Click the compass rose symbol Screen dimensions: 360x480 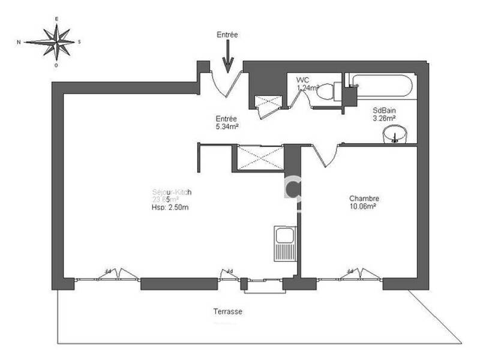pyautogui.click(x=56, y=42)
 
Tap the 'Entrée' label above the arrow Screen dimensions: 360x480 pyautogui.click(x=227, y=35)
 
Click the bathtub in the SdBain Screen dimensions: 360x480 pyautogui.click(x=382, y=86)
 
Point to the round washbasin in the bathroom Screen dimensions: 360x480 pyautogui.click(x=394, y=134)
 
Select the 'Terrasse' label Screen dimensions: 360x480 pyautogui.click(x=227, y=312)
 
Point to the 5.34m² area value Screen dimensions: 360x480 pyautogui.click(x=227, y=127)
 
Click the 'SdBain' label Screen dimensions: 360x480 pyautogui.click(x=385, y=110)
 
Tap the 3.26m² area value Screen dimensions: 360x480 pyautogui.click(x=385, y=118)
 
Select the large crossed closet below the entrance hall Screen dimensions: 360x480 pyautogui.click(x=259, y=157)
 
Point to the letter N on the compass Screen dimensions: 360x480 pyautogui.click(x=20, y=42)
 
